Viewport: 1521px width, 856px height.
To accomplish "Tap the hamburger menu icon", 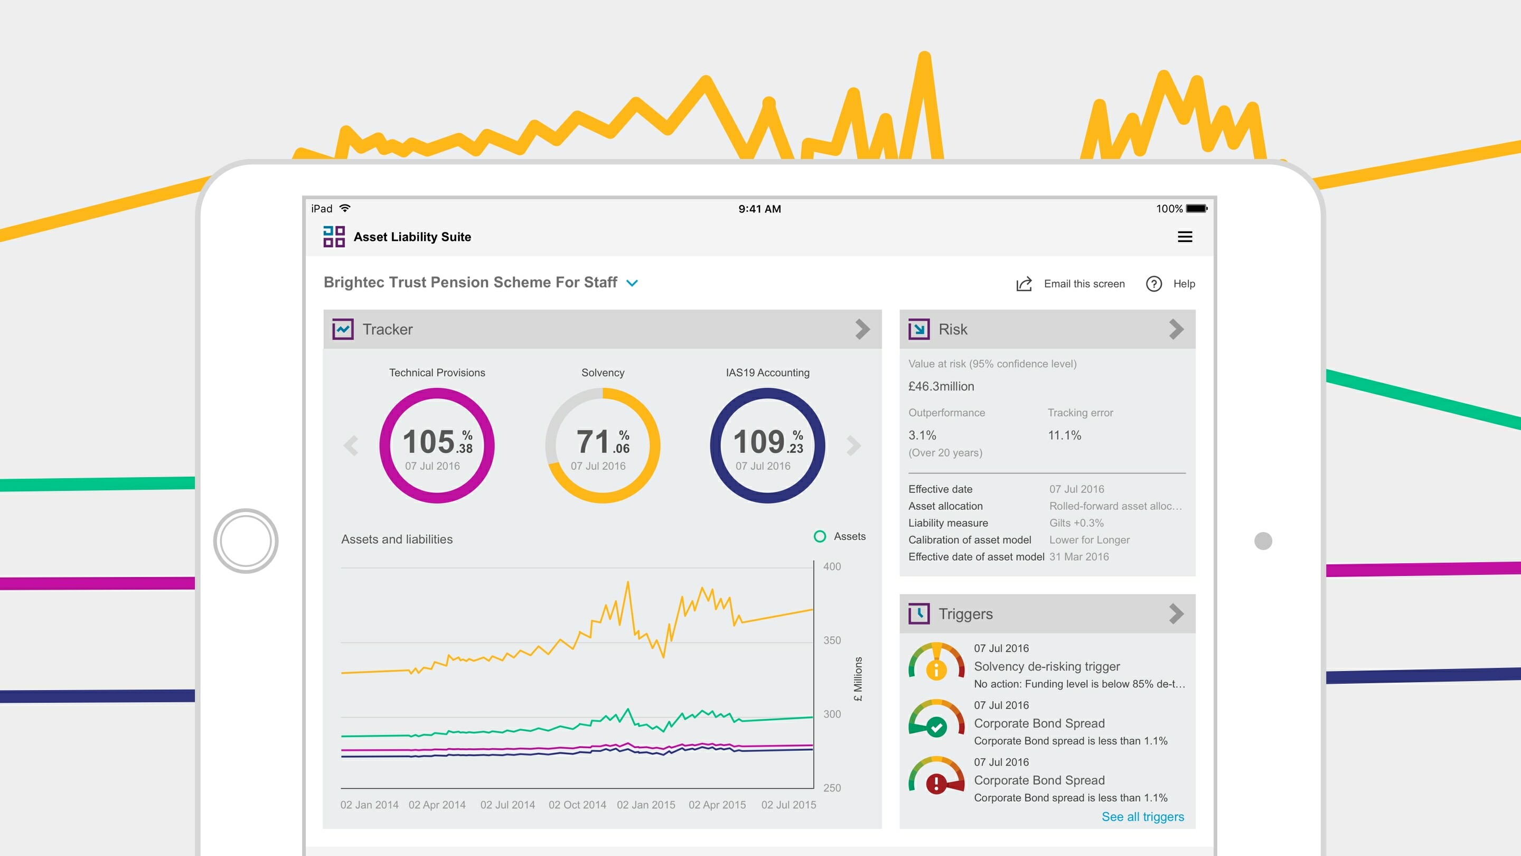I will [1185, 237].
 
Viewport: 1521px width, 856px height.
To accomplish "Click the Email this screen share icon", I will [1024, 284].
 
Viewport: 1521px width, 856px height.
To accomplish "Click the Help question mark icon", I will [1153, 284].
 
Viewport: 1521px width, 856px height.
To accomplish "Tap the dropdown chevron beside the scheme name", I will [632, 283].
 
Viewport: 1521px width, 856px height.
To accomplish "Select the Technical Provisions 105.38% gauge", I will [437, 445].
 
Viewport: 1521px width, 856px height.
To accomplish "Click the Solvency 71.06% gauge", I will [602, 445].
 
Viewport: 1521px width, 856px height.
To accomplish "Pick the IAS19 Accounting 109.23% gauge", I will [767, 445].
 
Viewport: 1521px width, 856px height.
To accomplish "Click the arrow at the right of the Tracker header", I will [862, 329].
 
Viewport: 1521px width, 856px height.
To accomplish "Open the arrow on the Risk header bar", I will [1176, 329].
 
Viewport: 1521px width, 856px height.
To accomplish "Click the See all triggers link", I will [1142, 816].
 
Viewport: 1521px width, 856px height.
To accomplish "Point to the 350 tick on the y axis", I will [832, 640].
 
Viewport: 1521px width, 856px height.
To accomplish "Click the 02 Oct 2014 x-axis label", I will [577, 805].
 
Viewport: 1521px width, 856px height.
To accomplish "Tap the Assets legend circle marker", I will [820, 536].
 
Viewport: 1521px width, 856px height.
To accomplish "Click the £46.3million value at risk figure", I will [941, 386].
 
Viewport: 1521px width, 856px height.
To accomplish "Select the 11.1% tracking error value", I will [1064, 435].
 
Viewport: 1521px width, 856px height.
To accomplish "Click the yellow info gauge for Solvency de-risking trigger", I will [936, 662].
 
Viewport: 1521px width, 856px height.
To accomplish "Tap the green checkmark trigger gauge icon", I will [936, 720].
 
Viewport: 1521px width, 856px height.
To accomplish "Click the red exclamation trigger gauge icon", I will [936, 776].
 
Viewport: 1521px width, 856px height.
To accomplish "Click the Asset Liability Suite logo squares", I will [334, 236].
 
